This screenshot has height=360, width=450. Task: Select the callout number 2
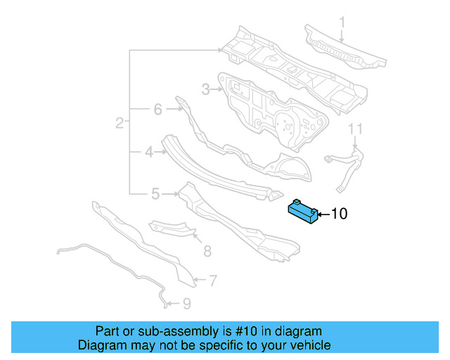pos(120,123)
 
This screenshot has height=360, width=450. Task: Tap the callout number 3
pos(205,89)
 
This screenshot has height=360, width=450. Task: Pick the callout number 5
pos(155,193)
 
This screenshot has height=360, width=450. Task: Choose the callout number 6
pos(157,109)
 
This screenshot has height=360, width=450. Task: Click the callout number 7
pos(212,281)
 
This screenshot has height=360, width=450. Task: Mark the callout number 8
pos(207,250)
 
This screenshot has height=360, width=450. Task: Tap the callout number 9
pos(186,304)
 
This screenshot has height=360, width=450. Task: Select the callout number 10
pos(339,214)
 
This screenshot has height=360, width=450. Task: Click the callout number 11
pos(356,129)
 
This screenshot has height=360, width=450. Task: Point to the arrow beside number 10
pos(323,214)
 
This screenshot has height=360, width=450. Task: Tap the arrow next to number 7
pos(199,281)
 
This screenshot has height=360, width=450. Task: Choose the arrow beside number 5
pos(170,193)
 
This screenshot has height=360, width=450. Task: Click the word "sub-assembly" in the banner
pos(164,331)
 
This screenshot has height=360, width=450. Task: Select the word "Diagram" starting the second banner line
pos(98,345)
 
